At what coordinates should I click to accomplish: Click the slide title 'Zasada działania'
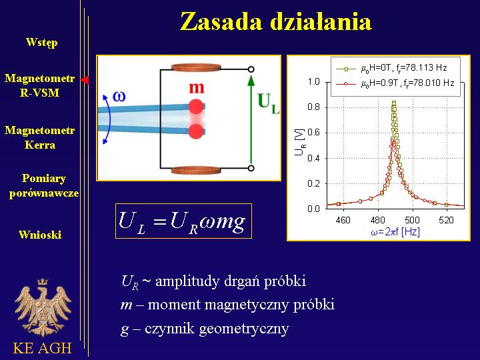coord(276,22)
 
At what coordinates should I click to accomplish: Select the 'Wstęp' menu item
coord(41,42)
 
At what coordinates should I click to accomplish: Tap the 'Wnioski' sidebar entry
coord(40,235)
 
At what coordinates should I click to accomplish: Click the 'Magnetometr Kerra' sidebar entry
coord(40,137)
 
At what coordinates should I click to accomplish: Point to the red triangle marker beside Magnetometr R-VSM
coord(85,80)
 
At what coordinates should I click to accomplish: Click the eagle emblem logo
coord(43,307)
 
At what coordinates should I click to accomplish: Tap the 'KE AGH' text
coord(42,348)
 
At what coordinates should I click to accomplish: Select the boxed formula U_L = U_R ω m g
coord(184,221)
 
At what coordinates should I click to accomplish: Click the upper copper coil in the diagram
coord(196,67)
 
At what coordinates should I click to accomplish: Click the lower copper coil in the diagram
coord(196,170)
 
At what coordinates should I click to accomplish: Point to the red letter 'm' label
coord(196,88)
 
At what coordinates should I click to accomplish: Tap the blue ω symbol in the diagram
coord(119,97)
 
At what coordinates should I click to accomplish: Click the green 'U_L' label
coord(269,103)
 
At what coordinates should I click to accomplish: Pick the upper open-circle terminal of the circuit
coord(251,69)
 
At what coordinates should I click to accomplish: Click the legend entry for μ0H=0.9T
coord(395,83)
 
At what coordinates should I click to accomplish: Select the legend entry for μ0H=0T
coord(391,68)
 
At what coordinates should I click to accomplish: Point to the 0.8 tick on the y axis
coord(313,107)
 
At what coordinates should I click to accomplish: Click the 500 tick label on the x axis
coord(412,220)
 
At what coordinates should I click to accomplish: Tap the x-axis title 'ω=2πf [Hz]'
coord(395,232)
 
